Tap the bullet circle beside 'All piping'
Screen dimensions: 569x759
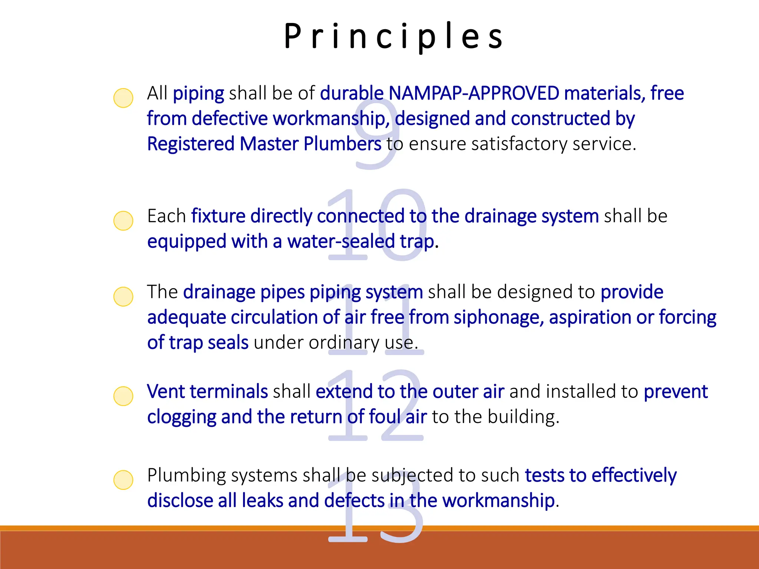click(x=123, y=98)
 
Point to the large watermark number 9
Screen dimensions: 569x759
click(x=377, y=133)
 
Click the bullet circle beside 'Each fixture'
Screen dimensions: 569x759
click(x=123, y=221)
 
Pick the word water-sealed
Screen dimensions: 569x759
click(x=341, y=242)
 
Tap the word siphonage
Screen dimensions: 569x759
click(x=498, y=317)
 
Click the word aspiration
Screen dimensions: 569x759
click(x=590, y=317)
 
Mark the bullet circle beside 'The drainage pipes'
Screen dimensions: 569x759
click(x=123, y=296)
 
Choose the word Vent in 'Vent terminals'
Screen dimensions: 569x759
click(x=166, y=392)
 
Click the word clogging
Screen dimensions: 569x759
click(x=181, y=417)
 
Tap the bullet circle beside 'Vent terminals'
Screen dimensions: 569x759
click(x=123, y=396)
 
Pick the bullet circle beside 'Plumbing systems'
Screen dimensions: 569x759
click(x=123, y=480)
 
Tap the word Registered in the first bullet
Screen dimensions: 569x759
click(x=191, y=144)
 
